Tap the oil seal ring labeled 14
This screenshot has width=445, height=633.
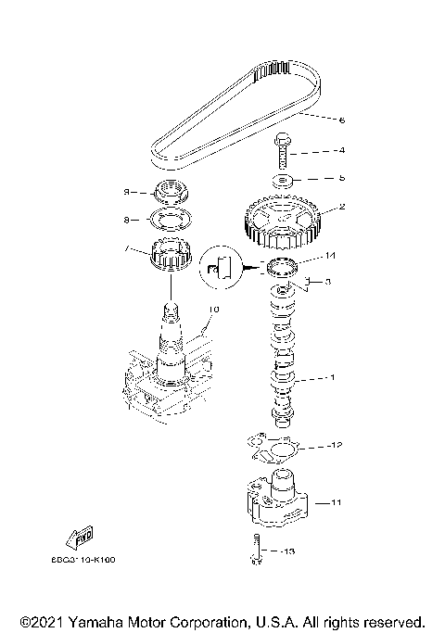pyautogui.click(x=281, y=270)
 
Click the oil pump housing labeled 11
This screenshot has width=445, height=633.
pyautogui.click(x=277, y=501)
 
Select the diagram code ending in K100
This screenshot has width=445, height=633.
pyautogui.click(x=90, y=561)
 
